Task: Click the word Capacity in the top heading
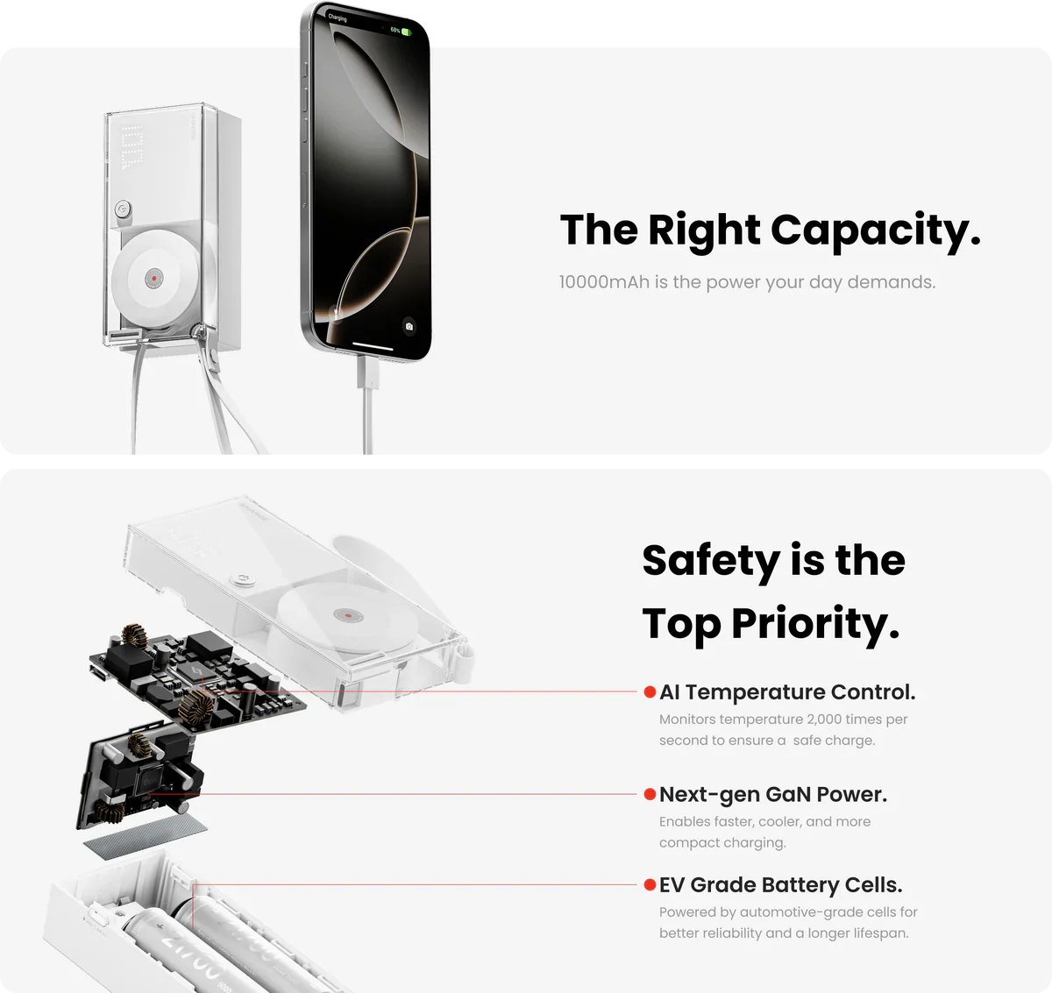pyautogui.click(x=876, y=231)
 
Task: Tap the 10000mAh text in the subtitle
pyautogui.click(x=604, y=282)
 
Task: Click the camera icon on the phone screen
pyautogui.click(x=409, y=327)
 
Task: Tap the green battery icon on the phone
pyautogui.click(x=406, y=32)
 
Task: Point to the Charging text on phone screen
pyautogui.click(x=338, y=18)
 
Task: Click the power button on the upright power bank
pyautogui.click(x=123, y=208)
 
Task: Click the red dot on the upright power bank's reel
pyautogui.click(x=154, y=279)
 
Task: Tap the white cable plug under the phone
pyautogui.click(x=367, y=372)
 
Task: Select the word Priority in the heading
pyautogui.click(x=816, y=625)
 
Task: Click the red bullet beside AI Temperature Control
pyautogui.click(x=650, y=692)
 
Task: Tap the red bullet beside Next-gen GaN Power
pyautogui.click(x=650, y=794)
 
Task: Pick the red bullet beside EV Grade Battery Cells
pyautogui.click(x=650, y=884)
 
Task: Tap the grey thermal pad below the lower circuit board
pyautogui.click(x=146, y=837)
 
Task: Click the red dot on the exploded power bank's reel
pyautogui.click(x=348, y=616)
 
